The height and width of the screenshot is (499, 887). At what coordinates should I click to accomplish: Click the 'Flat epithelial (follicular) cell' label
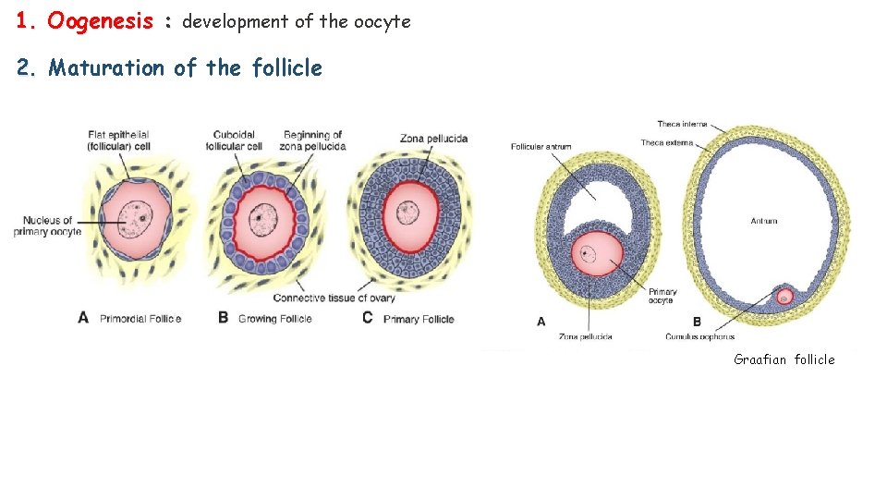(x=117, y=140)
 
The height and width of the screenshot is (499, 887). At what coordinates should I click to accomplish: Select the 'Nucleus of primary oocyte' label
(x=48, y=225)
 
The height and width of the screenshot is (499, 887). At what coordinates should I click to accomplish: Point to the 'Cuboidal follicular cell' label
(x=237, y=140)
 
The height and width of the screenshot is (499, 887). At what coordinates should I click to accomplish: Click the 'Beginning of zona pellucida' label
(x=314, y=140)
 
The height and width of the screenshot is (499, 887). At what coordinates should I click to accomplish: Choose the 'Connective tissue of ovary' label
(x=334, y=298)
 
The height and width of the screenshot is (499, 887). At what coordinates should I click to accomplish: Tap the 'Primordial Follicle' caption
(x=140, y=319)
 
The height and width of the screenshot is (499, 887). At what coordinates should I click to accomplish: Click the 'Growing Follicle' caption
(x=275, y=319)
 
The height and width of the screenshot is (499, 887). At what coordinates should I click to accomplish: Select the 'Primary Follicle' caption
(x=419, y=319)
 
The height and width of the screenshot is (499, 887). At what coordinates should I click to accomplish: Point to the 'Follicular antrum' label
(x=541, y=146)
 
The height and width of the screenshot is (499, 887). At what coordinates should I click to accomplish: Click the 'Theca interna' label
(x=681, y=124)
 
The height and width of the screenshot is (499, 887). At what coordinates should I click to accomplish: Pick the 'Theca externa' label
(x=666, y=142)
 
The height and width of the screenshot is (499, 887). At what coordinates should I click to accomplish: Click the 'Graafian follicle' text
(x=784, y=359)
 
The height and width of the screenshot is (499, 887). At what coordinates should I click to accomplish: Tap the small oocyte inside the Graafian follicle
(x=784, y=297)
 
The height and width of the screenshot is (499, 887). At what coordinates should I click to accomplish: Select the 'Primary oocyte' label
(x=662, y=296)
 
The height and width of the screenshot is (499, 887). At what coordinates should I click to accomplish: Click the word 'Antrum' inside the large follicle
(x=764, y=221)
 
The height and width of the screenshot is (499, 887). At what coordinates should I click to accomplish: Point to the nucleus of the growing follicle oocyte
(x=266, y=217)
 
